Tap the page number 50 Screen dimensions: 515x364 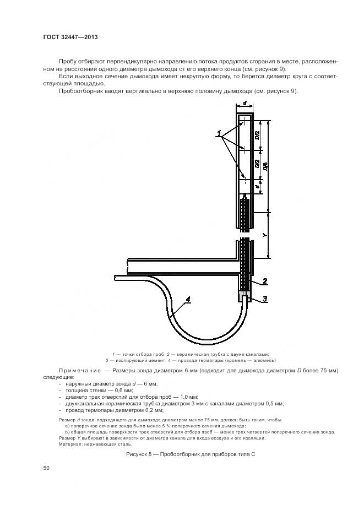46,468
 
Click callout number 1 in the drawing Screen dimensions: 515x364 219,133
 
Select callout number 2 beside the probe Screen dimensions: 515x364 264,281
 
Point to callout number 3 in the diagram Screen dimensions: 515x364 264,299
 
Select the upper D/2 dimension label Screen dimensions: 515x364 257,135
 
